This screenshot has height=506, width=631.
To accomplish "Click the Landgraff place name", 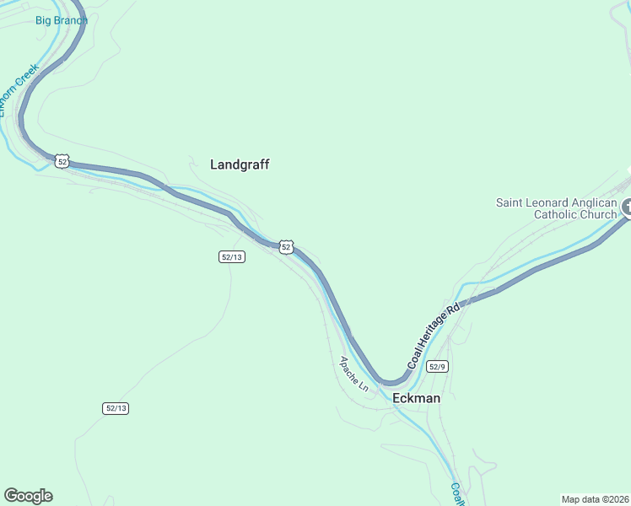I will point(240,165).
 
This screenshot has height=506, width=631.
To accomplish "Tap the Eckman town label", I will point(417,398).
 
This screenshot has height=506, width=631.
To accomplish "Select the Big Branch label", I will point(62,20).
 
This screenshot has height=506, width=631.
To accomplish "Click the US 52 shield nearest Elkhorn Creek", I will point(62,160).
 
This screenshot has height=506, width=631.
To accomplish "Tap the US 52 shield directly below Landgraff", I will point(286,247).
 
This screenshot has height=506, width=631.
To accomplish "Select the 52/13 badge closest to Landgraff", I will point(232,256).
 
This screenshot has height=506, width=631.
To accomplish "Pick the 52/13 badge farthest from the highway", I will point(116,408).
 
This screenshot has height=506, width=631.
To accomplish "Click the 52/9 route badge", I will point(437,366).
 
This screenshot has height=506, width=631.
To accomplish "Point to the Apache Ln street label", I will point(354,374).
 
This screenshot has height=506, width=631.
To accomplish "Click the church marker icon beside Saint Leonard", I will point(628,207).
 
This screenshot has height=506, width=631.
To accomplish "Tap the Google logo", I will point(28,496).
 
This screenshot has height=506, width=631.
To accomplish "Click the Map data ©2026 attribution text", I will point(595,499).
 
